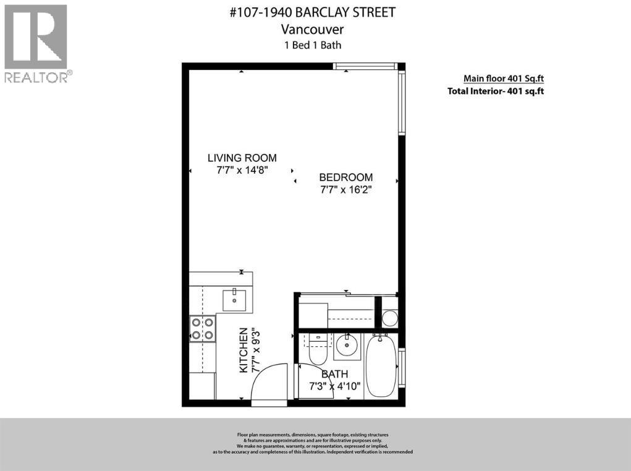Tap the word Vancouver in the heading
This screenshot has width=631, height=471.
pos(312,29)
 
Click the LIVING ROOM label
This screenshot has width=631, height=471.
pos(242,158)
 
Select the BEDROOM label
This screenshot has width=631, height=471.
pos(345,177)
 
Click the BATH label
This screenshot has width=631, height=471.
pos(334,374)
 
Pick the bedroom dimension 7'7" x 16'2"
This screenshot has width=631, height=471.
pos(345,190)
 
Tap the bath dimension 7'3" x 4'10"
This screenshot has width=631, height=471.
pos(334,387)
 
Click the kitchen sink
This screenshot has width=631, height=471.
pos(234,300)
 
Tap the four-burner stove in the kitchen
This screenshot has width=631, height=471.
pos(202,328)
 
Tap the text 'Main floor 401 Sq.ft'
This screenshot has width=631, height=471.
pos(503,78)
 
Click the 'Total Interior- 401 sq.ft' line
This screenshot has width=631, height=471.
pos(495,91)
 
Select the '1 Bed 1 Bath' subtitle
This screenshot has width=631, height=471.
pos(312,45)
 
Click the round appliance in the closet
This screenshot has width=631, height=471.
pos(389,318)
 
